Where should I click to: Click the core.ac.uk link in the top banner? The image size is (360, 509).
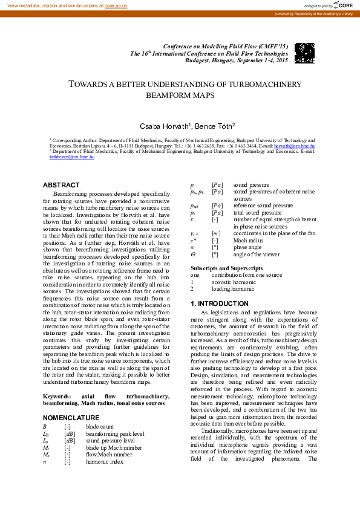coord(116,5)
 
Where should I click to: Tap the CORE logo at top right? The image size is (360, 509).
coord(344,5)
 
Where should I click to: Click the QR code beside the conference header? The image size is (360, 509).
coord(304,53)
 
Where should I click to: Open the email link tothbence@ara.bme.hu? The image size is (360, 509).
coord(71,157)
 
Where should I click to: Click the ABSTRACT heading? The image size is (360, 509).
coord(61,185)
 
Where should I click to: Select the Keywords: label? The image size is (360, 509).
coord(57,397)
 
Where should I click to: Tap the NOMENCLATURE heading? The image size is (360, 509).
coord(71,418)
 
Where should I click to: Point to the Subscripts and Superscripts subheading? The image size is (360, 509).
coord(227,268)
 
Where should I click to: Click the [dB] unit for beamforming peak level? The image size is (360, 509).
coord(70,434)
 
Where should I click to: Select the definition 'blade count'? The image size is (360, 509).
coord(100,427)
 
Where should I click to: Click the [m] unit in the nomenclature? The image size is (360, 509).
coord(215,233)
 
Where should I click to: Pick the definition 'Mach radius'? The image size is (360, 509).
coord(247,241)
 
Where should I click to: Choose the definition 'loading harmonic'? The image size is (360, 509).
coord(233,290)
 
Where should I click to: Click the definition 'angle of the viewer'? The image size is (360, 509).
coord(257,255)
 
